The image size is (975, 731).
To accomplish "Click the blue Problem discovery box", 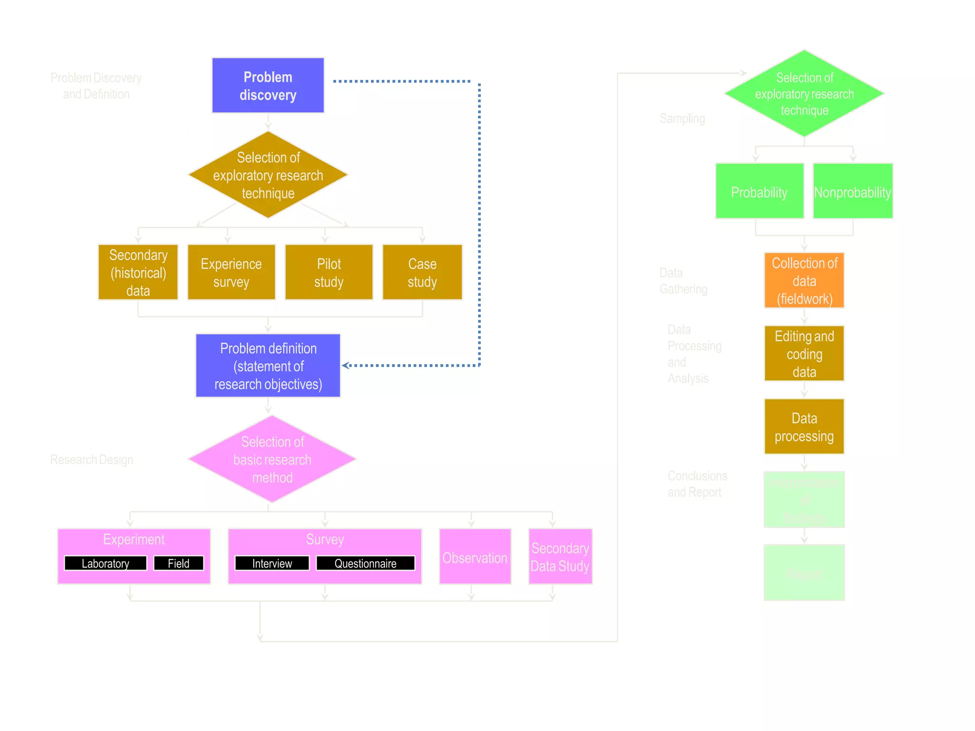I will click(268, 86).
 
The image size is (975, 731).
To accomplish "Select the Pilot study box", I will click(328, 272).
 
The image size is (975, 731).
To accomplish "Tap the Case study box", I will click(422, 272).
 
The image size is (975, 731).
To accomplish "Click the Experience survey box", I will click(231, 272).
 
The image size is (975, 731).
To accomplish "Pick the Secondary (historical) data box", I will click(138, 272).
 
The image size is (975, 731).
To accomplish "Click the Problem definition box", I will click(268, 365).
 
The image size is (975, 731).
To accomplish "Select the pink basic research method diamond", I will click(272, 459).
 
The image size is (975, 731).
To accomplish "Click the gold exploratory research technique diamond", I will click(268, 175).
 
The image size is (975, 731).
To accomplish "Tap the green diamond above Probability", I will click(804, 94).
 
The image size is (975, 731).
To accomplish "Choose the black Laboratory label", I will click(105, 563).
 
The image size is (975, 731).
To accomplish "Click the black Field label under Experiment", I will click(179, 563).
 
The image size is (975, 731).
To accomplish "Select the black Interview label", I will click(272, 563).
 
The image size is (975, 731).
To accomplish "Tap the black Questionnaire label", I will click(365, 563).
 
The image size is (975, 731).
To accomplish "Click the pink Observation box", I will click(475, 557).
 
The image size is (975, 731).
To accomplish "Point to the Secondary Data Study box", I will click(560, 557).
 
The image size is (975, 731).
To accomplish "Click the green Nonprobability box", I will click(852, 191).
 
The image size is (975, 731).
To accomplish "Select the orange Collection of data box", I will click(804, 280).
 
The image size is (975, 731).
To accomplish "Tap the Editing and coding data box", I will click(804, 354).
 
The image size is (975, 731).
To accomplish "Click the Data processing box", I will click(804, 427).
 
